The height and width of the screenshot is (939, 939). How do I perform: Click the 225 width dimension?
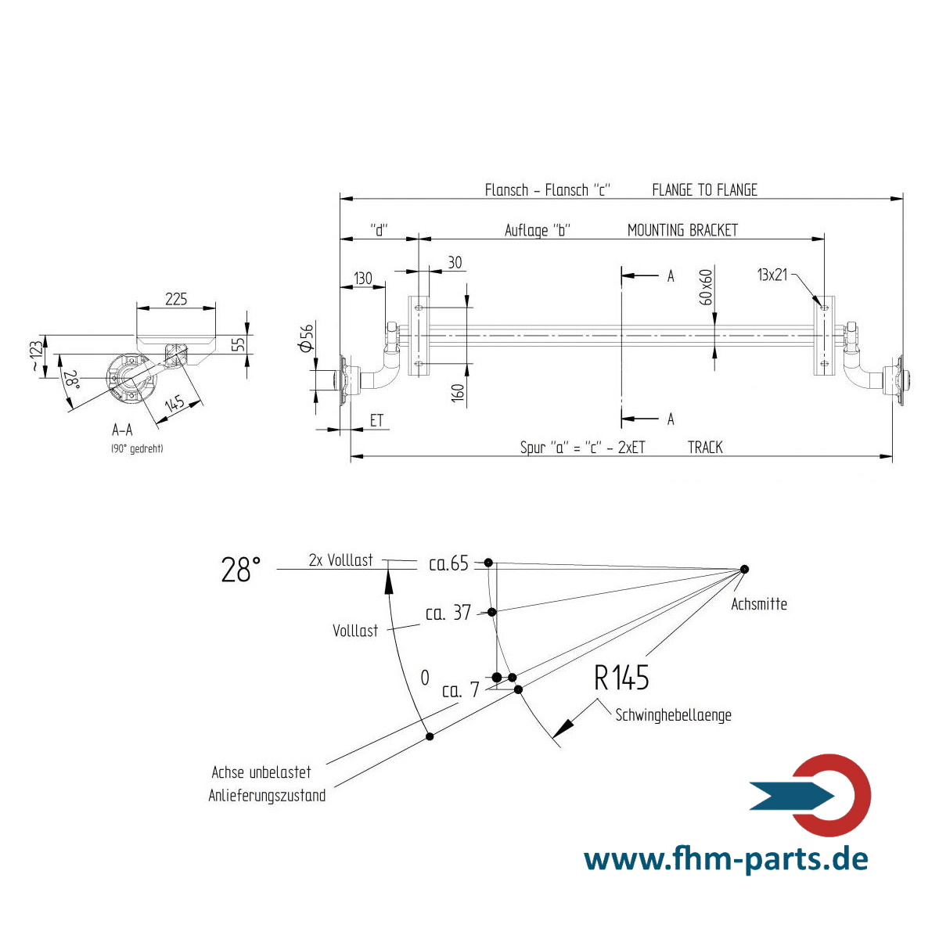click(176, 299)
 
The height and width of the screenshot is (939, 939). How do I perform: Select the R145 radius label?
click(621, 678)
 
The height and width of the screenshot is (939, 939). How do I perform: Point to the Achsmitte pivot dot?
click(743, 569)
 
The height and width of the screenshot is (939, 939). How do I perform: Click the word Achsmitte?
click(759, 604)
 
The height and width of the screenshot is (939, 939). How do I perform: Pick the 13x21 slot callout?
click(772, 275)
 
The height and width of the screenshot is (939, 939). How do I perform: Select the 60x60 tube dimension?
click(706, 287)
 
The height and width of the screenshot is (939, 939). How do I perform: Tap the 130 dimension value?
click(363, 279)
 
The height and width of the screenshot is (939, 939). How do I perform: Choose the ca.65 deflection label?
click(448, 563)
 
